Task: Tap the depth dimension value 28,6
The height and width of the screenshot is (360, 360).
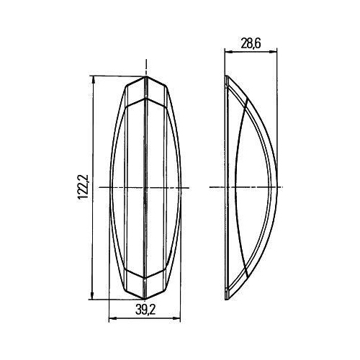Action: (x=251, y=45)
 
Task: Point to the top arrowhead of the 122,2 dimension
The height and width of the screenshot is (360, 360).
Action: (x=94, y=78)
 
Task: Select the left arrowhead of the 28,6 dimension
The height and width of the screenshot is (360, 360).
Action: (x=227, y=52)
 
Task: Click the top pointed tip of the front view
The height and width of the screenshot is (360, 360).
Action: (x=146, y=76)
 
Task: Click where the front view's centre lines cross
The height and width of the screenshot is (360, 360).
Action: (x=146, y=187)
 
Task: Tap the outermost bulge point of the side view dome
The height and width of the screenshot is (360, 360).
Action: (x=277, y=187)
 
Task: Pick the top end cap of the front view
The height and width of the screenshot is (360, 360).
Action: (x=146, y=89)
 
